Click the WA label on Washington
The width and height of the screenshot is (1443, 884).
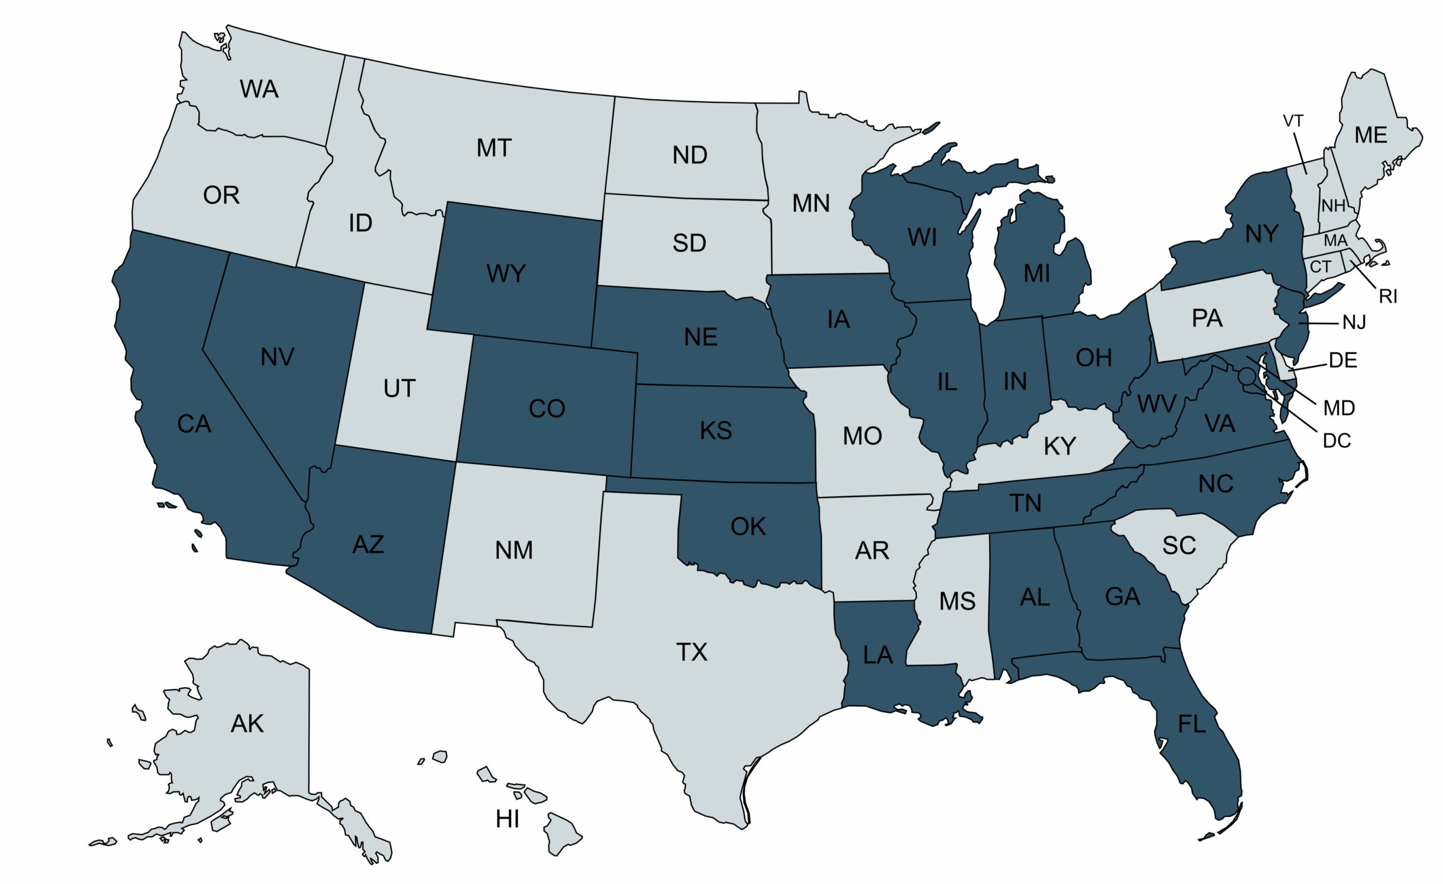259,89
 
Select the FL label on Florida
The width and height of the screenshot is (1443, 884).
1192,724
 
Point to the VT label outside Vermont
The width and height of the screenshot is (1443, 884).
1293,121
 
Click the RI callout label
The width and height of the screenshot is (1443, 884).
1388,297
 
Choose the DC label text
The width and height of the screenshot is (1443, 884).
1337,440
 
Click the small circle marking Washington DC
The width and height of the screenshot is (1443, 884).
1247,375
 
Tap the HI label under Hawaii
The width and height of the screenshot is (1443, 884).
507,819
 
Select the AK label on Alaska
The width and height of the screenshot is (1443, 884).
247,723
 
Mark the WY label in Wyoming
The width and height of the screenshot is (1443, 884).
506,273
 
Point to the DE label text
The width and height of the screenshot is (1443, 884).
1343,360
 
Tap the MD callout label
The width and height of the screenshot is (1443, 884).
1339,408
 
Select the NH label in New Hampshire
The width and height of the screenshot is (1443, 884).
1334,206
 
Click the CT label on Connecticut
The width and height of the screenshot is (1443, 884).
1321,267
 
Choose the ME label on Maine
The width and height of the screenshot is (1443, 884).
1370,135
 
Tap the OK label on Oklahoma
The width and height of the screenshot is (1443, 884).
748,527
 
